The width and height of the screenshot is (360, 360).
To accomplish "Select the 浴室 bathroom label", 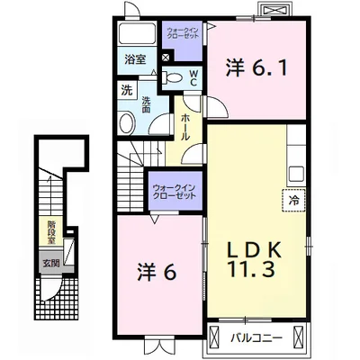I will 135,61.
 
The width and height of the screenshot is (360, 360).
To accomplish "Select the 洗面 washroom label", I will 147,101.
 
